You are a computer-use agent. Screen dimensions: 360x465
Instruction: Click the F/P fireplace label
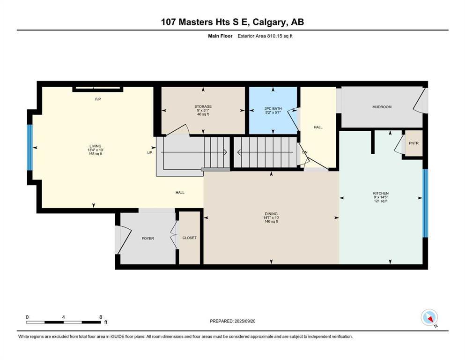coord(98,99)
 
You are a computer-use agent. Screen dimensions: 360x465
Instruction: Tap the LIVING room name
coord(96,146)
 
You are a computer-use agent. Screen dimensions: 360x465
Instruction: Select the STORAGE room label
coord(203,106)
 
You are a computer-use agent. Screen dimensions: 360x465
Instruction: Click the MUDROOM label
coord(382,107)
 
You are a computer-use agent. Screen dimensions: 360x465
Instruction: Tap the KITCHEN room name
coord(381,193)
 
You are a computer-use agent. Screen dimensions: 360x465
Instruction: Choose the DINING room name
coord(271,212)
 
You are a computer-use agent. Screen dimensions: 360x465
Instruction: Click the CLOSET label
coord(190,238)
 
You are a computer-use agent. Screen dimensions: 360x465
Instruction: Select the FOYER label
coord(148,238)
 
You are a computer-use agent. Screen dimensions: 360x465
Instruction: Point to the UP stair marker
coord(150,152)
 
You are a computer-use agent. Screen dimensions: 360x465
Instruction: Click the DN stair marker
coord(304,152)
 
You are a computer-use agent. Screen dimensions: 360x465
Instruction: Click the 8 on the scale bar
coord(101,317)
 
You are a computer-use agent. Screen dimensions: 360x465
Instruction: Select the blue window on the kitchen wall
coord(425,203)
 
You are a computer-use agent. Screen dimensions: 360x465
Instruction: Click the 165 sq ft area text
coord(96,154)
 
